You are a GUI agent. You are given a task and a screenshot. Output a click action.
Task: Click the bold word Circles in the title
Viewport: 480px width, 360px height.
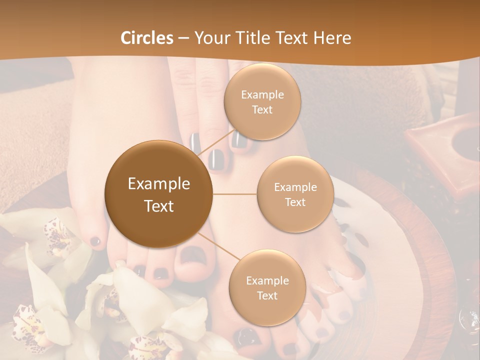[x=146, y=38]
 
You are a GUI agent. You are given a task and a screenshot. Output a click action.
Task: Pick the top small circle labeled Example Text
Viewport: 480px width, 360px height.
[x=262, y=101]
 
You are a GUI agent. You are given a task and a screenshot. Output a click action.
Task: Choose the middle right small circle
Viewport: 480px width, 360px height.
[x=295, y=194]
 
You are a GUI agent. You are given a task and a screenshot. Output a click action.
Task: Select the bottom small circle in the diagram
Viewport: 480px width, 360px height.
[x=267, y=287]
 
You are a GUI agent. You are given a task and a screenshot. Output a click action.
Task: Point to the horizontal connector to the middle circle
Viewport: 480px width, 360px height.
[x=234, y=193]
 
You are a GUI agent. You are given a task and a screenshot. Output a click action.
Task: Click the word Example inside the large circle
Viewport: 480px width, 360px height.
[x=159, y=184]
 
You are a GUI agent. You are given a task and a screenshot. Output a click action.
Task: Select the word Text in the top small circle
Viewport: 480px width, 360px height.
[x=262, y=110]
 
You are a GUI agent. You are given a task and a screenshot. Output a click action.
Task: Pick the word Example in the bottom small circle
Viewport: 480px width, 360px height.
[x=267, y=280]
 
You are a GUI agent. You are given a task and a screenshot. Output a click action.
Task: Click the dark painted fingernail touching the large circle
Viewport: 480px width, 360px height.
[x=216, y=159]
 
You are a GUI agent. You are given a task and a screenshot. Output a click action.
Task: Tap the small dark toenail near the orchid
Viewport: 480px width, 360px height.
[x=95, y=241]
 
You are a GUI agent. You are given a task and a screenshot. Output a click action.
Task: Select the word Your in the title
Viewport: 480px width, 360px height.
[x=211, y=38]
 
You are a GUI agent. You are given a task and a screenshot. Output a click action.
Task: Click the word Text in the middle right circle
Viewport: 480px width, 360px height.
[x=295, y=202]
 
